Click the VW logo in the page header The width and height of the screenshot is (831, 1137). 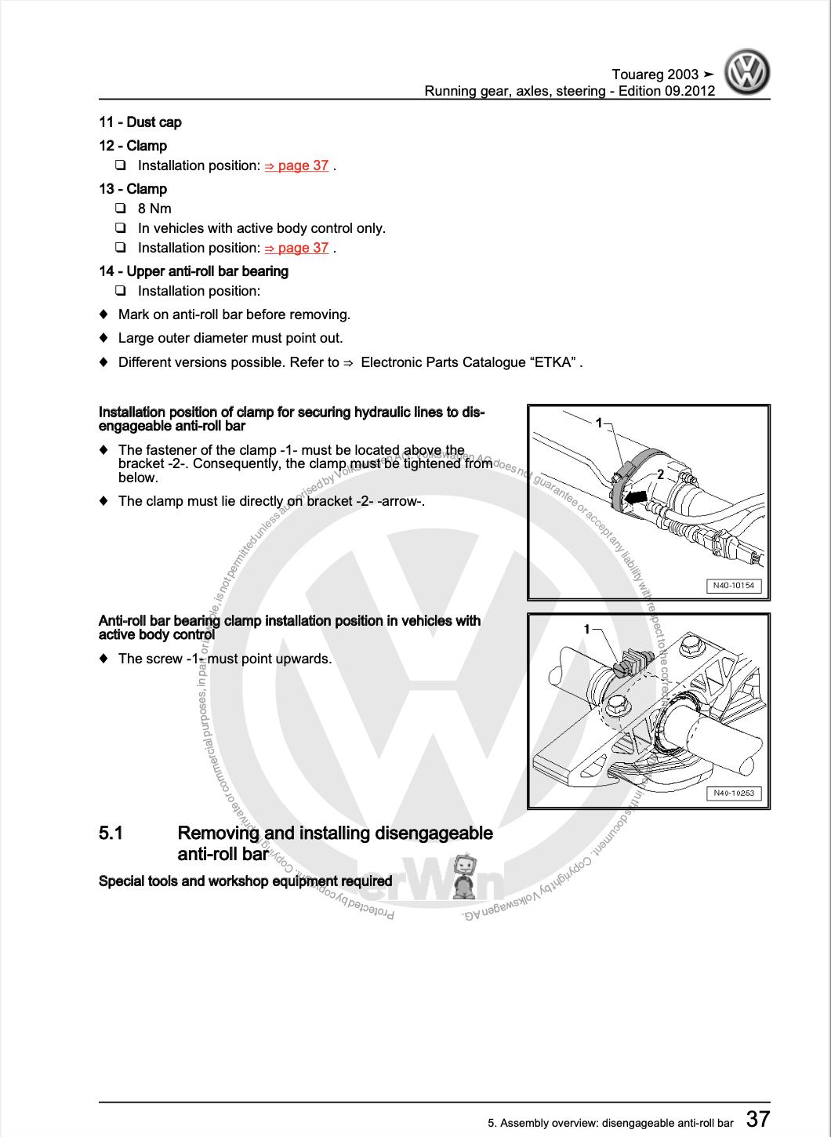[x=746, y=73]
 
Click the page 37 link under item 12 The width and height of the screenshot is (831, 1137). [x=296, y=165]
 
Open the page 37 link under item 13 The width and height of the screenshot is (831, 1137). [x=296, y=248]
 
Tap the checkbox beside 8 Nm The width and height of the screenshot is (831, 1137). [x=121, y=209]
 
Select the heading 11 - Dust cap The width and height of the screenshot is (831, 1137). [x=140, y=122]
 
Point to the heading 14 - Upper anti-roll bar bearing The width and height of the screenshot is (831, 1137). [x=193, y=271]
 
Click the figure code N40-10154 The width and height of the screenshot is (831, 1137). [x=734, y=586]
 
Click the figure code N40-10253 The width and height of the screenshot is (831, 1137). [x=734, y=793]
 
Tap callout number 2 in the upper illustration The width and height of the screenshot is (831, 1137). [x=661, y=474]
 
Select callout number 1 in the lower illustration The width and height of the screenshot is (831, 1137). [x=587, y=629]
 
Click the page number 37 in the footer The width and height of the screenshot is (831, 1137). [x=757, y=1118]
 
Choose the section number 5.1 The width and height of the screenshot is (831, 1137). [x=111, y=833]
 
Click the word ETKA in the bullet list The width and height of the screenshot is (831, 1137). [x=555, y=362]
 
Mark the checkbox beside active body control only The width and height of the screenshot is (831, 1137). [x=121, y=228]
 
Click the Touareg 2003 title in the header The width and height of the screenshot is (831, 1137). [x=655, y=74]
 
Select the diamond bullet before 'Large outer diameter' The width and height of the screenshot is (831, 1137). [x=103, y=339]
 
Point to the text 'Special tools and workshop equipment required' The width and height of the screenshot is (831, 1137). [x=245, y=881]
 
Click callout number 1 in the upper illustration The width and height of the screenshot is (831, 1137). [x=599, y=423]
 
